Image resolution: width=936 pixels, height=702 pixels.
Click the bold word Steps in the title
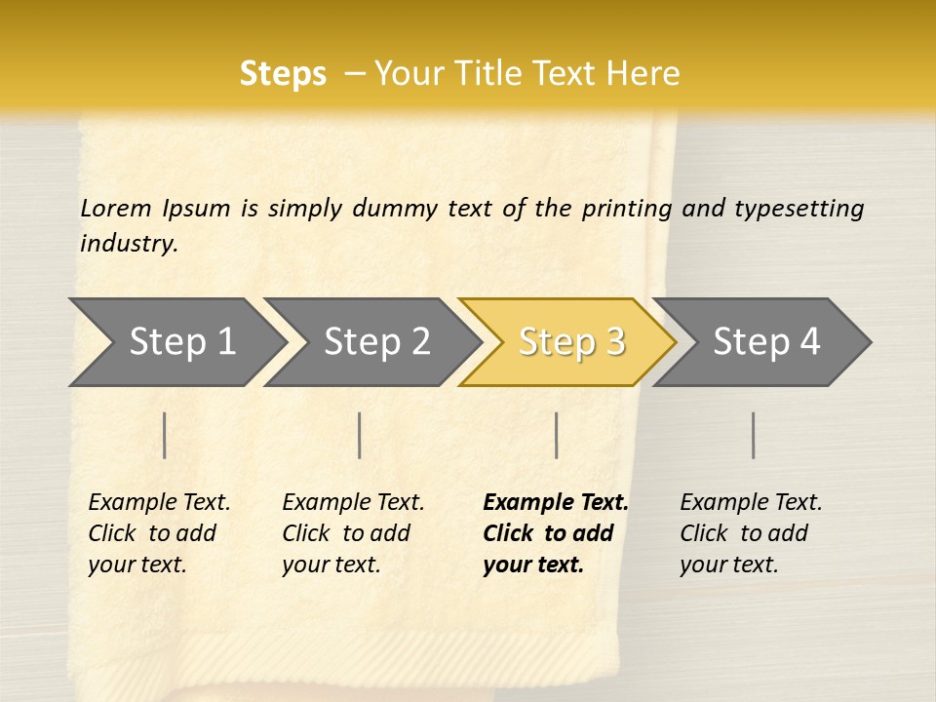[x=283, y=74]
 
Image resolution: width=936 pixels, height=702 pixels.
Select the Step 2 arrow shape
[x=376, y=342]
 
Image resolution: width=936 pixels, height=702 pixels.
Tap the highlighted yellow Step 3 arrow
[x=571, y=342]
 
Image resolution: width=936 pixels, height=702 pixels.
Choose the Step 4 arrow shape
[x=766, y=342]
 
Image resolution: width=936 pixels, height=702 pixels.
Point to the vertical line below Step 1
[x=165, y=435]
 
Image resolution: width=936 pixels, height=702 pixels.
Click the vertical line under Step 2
[x=360, y=435]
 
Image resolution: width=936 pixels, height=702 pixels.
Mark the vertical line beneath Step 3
[x=556, y=435]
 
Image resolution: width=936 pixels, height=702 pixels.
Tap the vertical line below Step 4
[x=753, y=435]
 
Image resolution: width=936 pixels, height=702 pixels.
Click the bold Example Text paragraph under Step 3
[x=555, y=533]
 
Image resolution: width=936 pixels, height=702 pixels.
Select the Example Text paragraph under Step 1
[x=159, y=533]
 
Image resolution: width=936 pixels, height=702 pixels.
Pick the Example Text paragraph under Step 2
[x=353, y=533]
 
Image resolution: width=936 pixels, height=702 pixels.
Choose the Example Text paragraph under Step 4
[x=751, y=533]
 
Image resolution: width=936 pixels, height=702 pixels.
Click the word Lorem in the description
[x=116, y=209]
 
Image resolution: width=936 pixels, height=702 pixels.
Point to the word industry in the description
[x=129, y=244]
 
